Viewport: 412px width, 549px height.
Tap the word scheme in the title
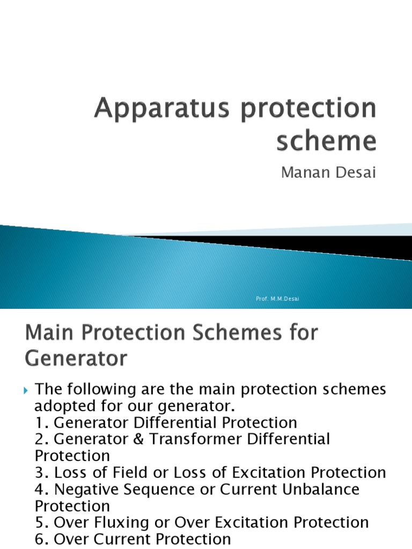point(327,140)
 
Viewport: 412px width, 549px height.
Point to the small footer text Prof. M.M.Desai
point(277,298)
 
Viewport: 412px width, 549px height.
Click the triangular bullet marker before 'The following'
point(28,390)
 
